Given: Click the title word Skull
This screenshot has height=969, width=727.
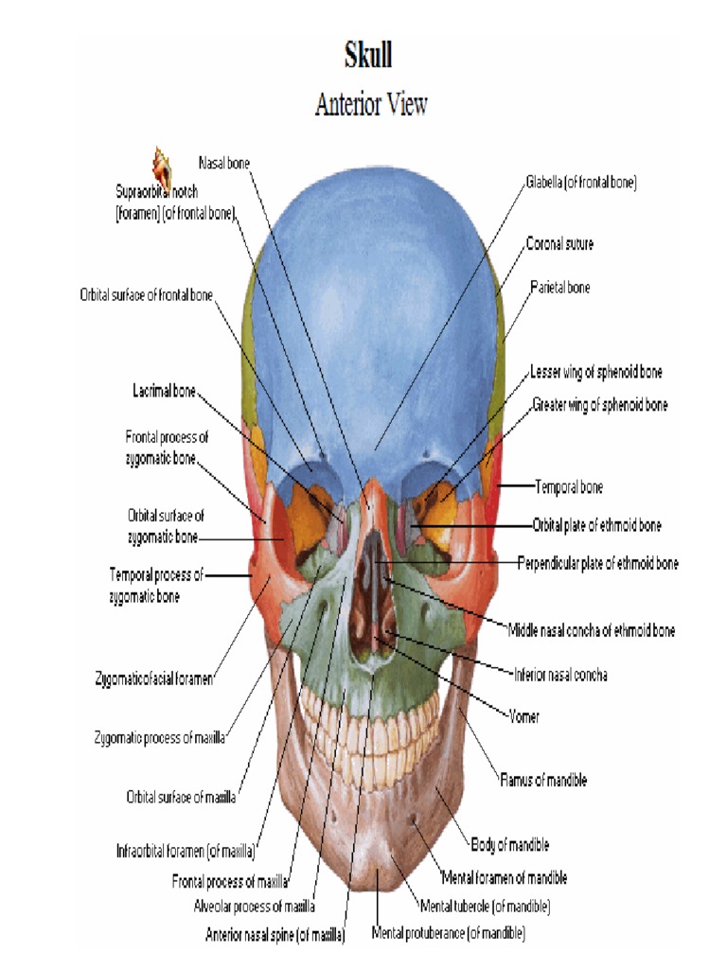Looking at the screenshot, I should pos(368,56).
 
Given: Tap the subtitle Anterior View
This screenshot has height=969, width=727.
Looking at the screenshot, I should pos(371,104).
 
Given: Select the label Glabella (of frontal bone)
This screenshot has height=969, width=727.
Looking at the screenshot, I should pos(581,184).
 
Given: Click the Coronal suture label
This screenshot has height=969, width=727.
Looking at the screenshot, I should pos(559,244).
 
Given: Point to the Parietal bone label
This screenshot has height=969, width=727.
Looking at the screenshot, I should pos(559,287).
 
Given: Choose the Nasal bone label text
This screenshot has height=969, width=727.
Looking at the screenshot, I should pos(224,163).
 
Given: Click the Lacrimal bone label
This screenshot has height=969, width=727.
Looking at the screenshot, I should pos(164,391).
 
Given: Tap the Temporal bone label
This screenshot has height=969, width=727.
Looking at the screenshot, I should pos(569,487).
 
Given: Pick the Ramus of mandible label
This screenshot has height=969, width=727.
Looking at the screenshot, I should pos(543,781).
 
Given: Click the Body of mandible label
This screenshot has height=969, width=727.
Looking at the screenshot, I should pos(509,844).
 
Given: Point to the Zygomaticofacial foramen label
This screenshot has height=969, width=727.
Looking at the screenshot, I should pos(154,678).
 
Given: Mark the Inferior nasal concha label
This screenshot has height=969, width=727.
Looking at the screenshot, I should pos(560,676).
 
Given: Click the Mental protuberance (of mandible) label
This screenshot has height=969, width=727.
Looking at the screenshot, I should pos(448,934).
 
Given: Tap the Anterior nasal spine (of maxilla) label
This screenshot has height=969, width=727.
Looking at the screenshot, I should pos(275,935).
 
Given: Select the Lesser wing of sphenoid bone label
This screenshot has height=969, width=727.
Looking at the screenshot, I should pos(596,372).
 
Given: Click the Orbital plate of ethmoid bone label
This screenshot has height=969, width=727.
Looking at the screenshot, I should pos(597,525).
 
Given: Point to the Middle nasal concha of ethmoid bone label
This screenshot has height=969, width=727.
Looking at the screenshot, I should pos(592,629).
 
